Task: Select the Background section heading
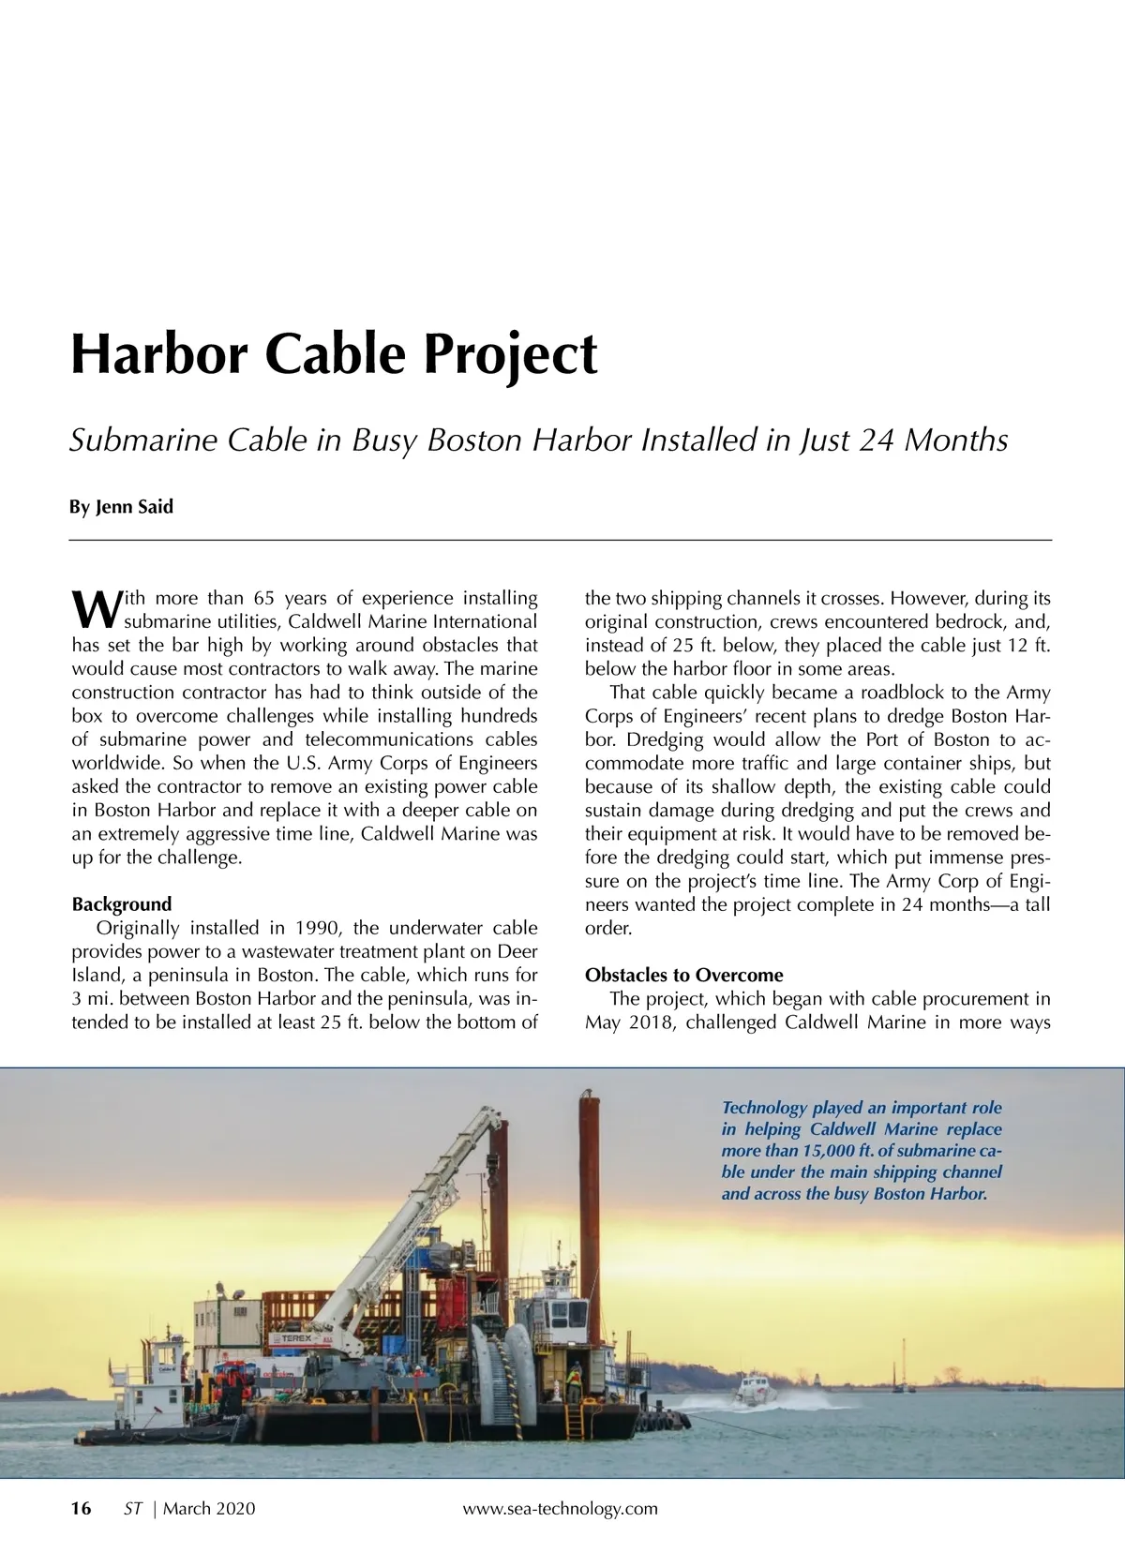point(122,904)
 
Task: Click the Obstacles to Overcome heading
point(683,976)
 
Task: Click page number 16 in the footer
point(82,1508)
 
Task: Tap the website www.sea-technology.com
point(561,1508)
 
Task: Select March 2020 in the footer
point(209,1508)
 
